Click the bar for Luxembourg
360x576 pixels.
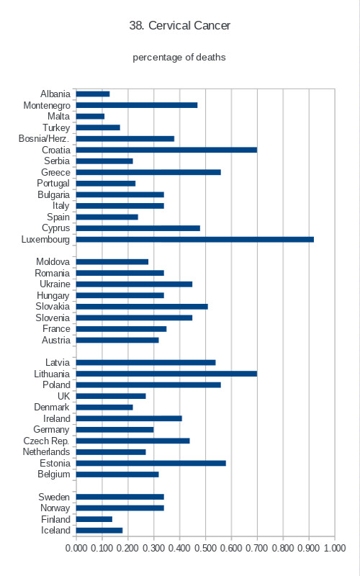pyautogui.click(x=195, y=240)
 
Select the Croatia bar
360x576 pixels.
pyautogui.click(x=167, y=150)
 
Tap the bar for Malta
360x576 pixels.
pyautogui.click(x=91, y=117)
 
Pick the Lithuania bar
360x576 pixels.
pyautogui.click(x=167, y=374)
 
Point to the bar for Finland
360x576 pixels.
pyautogui.click(x=94, y=519)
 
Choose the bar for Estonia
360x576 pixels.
pyautogui.click(x=151, y=463)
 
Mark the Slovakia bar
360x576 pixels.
pyautogui.click(x=142, y=307)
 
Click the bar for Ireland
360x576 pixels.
pyautogui.click(x=130, y=418)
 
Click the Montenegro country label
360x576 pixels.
pyautogui.click(x=47, y=105)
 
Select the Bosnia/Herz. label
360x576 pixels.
pyautogui.click(x=44, y=139)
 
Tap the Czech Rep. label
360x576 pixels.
pyautogui.click(x=46, y=441)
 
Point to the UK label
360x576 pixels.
pyautogui.click(x=63, y=396)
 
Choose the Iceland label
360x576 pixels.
pyautogui.click(x=55, y=531)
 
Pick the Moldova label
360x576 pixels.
pyautogui.click(x=53, y=262)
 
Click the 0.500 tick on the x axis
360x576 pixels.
pyautogui.click(x=205, y=548)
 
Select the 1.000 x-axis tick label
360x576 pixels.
pyautogui.click(x=335, y=548)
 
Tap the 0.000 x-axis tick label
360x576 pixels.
pyautogui.click(x=76, y=548)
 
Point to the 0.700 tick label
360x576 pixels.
pyautogui.click(x=257, y=548)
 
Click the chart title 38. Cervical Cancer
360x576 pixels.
pyautogui.click(x=179, y=25)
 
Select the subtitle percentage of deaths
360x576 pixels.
pyautogui.click(x=179, y=58)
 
